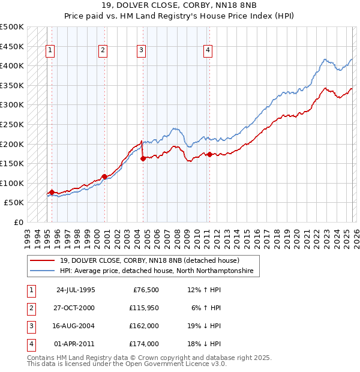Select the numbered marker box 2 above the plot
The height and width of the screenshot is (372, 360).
click(x=103, y=50)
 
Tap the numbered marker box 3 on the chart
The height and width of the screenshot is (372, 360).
click(x=141, y=50)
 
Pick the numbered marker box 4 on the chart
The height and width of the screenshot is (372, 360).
click(x=208, y=50)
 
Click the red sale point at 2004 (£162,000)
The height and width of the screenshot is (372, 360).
click(x=143, y=159)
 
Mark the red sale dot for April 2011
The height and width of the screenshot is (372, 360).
click(x=209, y=154)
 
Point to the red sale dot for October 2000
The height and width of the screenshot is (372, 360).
click(x=104, y=176)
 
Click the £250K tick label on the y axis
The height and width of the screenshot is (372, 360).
click(x=12, y=124)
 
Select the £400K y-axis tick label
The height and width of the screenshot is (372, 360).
click(x=12, y=65)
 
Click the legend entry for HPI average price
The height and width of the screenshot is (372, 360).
click(x=156, y=271)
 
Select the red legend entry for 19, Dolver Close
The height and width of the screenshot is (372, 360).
click(x=149, y=260)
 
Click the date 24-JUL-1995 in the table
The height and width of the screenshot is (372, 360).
click(x=76, y=290)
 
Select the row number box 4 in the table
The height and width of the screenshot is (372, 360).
click(x=31, y=344)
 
